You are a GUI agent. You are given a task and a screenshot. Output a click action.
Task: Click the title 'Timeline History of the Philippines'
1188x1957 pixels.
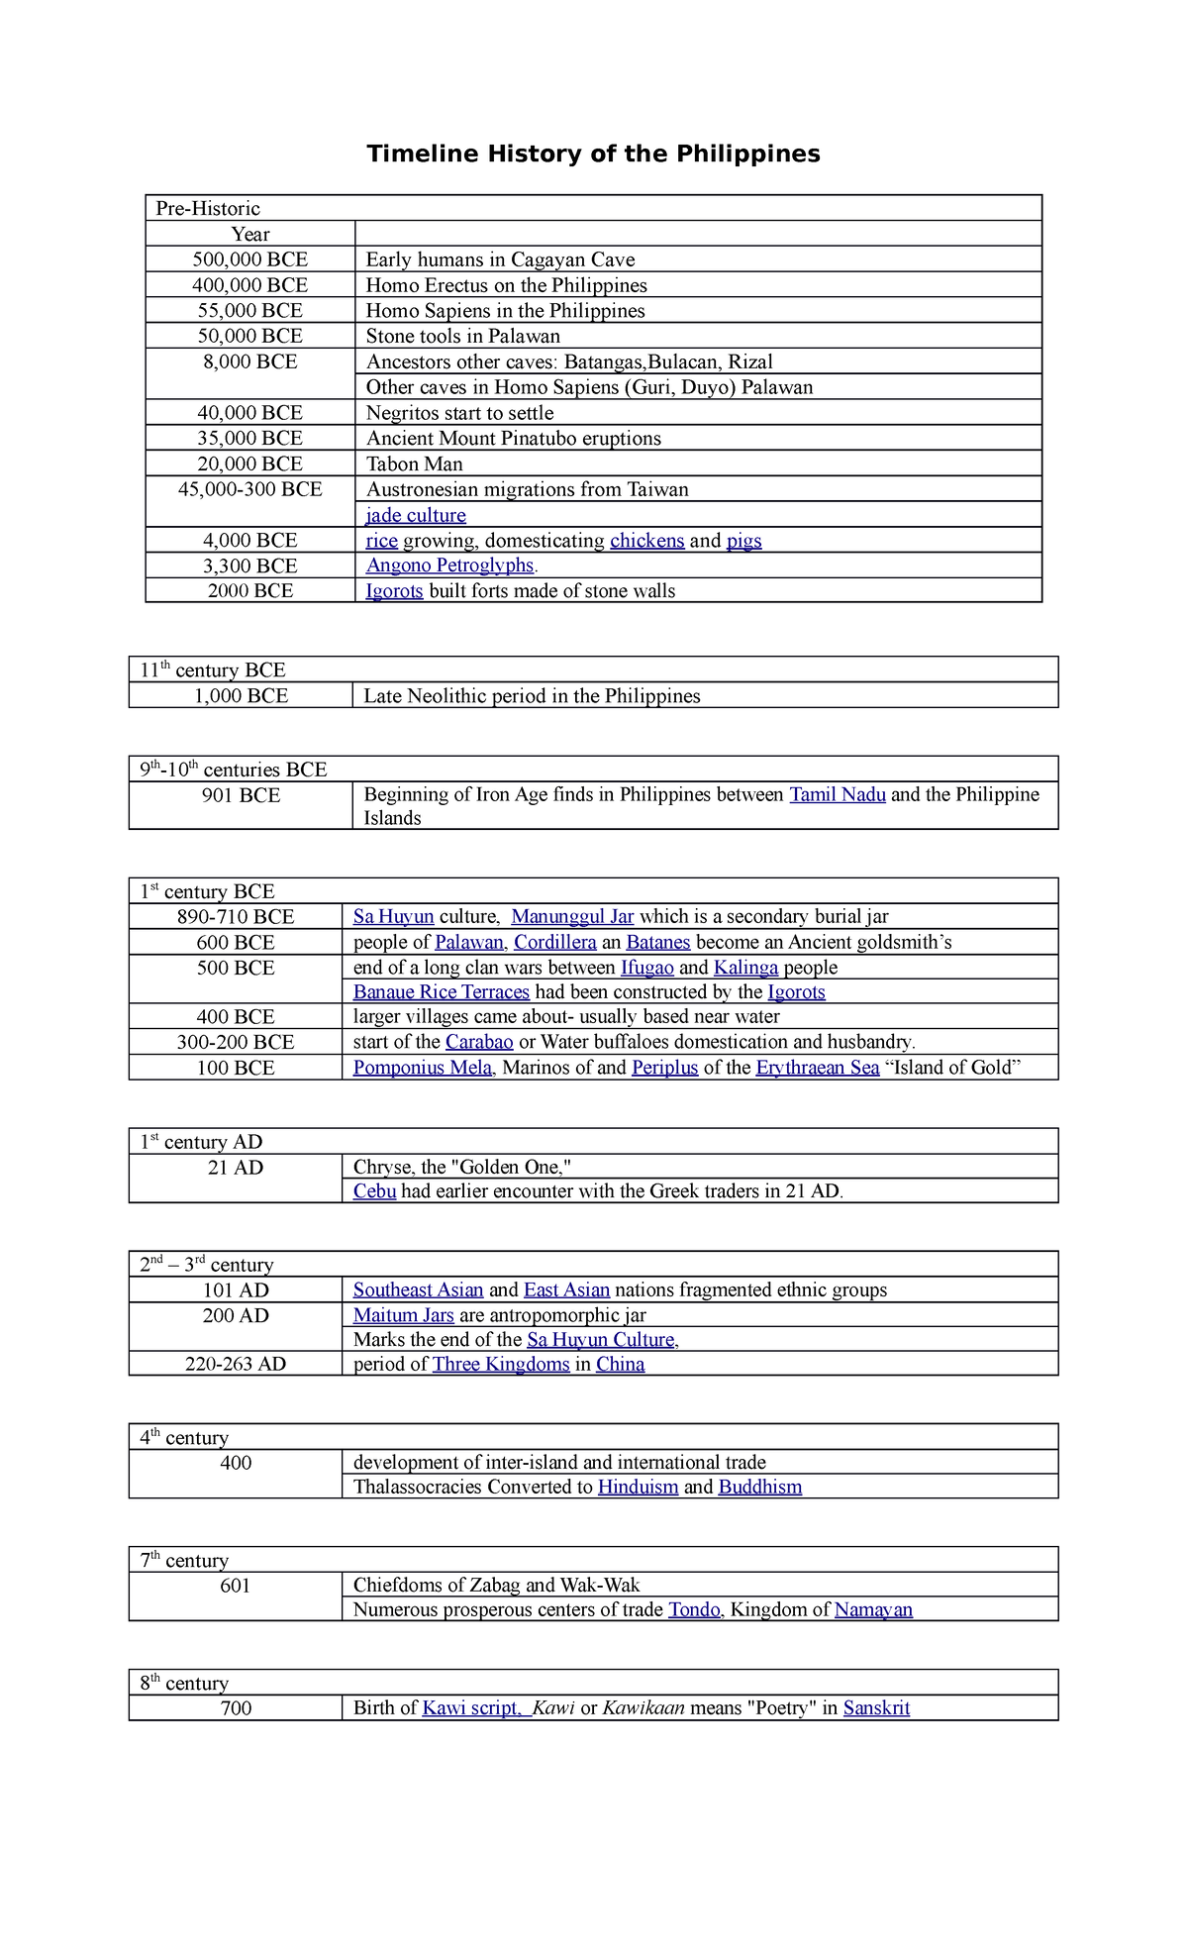[593, 154]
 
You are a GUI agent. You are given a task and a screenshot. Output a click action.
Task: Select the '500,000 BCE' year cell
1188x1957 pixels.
[249, 259]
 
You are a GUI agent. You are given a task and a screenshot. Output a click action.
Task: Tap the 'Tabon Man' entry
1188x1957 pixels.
[414, 463]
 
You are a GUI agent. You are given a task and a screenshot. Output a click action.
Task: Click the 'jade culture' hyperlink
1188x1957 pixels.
[416, 515]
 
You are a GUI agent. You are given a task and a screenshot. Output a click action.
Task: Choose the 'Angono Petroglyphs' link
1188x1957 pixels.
[449, 566]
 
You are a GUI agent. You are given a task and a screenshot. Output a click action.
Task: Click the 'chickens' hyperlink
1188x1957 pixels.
[646, 541]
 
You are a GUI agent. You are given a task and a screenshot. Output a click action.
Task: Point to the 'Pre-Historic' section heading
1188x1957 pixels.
[208, 208]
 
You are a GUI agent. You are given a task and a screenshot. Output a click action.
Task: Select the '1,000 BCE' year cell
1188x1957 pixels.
[241, 696]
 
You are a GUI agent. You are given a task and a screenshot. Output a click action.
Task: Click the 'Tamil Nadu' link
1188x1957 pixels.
[837, 794]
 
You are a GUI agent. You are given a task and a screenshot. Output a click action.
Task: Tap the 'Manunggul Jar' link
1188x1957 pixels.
[572, 917]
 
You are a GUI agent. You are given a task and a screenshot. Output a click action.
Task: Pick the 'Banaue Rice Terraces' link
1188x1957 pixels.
[442, 992]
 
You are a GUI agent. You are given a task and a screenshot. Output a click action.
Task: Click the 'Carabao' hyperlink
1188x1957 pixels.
[479, 1042]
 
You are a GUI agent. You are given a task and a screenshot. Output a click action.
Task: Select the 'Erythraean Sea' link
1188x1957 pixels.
[817, 1068]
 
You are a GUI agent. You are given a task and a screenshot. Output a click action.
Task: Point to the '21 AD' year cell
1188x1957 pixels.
[236, 1168]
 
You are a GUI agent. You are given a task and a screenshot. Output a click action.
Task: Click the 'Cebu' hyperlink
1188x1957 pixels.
[374, 1191]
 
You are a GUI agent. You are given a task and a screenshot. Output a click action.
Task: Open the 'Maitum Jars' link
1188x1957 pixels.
[403, 1315]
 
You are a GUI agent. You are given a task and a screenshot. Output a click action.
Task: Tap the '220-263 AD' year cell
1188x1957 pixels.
[236, 1364]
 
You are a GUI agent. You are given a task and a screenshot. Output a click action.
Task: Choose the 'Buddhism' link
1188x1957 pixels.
[759, 1487]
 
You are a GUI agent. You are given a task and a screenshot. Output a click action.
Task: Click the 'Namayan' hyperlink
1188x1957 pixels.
[873, 1609]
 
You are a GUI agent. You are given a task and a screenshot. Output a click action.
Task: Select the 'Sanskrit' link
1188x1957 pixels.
[876, 1707]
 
